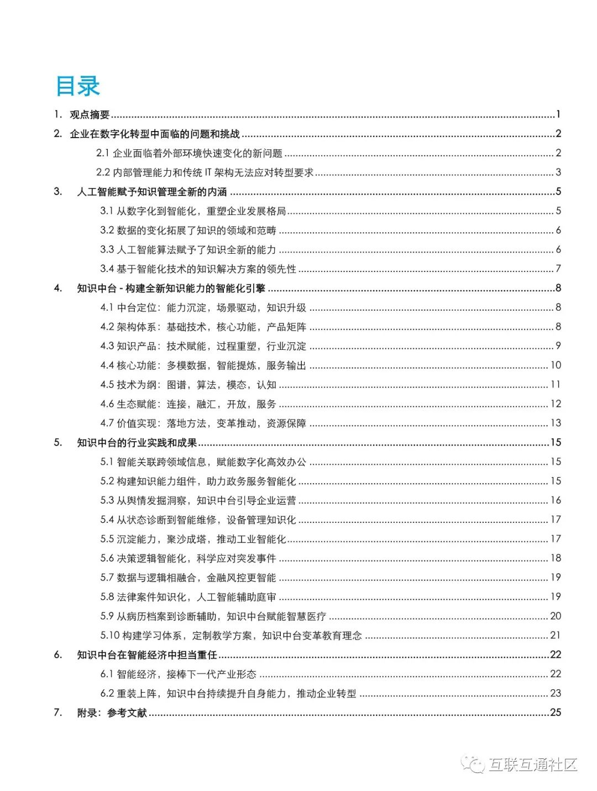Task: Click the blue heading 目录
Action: point(77,86)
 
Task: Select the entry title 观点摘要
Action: point(90,114)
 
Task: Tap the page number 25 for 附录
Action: point(556,713)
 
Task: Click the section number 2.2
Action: point(103,172)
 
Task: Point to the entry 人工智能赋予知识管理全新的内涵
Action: point(152,192)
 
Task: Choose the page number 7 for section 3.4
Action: point(558,269)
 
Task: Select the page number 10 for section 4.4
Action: point(556,365)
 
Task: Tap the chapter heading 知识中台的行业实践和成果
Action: point(137,443)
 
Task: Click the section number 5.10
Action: point(109,636)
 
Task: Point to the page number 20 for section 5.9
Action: point(556,616)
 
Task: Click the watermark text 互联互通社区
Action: point(533,765)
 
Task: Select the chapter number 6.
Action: point(58,655)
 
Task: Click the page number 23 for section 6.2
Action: point(556,693)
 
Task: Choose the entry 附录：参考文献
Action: point(112,713)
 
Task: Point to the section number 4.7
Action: point(107,423)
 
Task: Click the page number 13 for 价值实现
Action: point(556,423)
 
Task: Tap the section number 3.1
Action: point(107,211)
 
